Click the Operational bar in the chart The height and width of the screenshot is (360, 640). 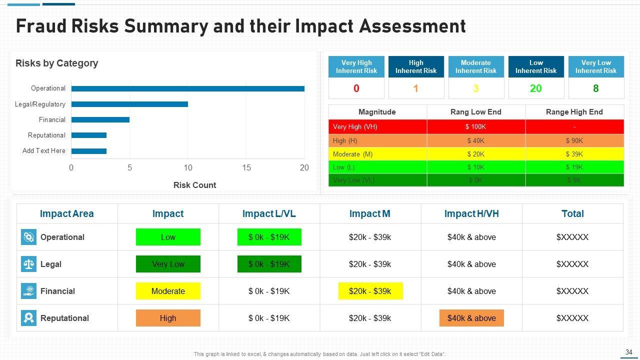(187, 89)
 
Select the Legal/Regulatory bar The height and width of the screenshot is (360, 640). (129, 104)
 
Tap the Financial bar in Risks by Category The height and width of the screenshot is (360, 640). (100, 120)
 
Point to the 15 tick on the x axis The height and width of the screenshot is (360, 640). (246, 168)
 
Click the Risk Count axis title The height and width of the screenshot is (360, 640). (194, 185)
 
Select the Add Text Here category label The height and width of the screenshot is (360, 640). (44, 151)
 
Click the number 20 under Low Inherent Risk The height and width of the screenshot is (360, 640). (535, 88)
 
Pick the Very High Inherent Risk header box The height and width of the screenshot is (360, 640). (356, 67)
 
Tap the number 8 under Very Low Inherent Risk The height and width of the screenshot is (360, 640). (595, 88)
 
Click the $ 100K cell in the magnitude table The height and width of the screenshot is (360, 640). (475, 127)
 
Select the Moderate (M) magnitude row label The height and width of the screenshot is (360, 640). (352, 154)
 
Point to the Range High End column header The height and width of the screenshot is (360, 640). (574, 112)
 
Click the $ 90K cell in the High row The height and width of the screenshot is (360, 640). (574, 141)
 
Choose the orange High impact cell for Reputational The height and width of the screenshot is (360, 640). (168, 318)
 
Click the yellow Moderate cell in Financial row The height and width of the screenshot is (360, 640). (168, 291)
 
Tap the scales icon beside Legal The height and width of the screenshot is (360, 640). (28, 264)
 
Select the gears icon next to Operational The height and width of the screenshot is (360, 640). (28, 237)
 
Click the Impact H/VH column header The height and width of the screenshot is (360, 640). (471, 214)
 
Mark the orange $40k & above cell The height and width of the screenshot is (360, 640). (471, 318)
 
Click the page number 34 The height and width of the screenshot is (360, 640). (628, 352)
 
